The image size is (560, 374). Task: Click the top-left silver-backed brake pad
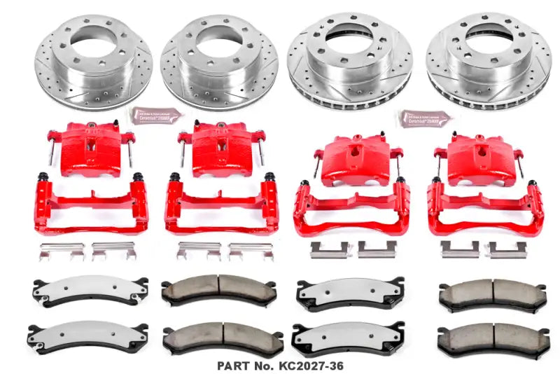click(87, 288)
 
